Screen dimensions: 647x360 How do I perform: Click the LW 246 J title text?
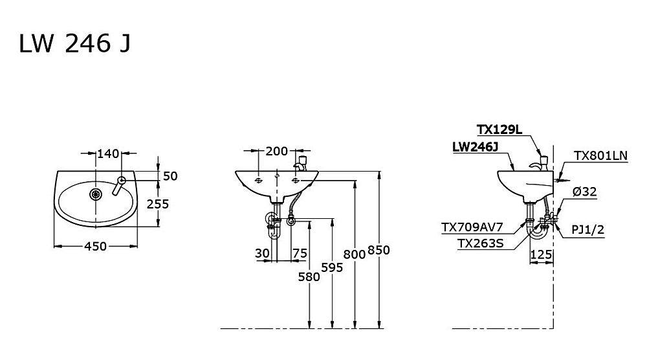pos(75,43)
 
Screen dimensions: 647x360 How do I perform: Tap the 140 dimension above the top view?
pos(108,153)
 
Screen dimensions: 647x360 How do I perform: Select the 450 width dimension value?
pos(95,246)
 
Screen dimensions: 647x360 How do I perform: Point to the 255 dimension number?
pos(158,204)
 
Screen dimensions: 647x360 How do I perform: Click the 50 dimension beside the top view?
pos(170,176)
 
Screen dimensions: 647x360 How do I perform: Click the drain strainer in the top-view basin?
pos(96,194)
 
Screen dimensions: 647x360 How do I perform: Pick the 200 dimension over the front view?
pos(276,152)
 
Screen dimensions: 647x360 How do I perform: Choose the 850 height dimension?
pos(378,250)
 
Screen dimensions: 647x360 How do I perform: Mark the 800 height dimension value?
pos(355,254)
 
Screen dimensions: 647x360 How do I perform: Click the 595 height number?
pos(332,268)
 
